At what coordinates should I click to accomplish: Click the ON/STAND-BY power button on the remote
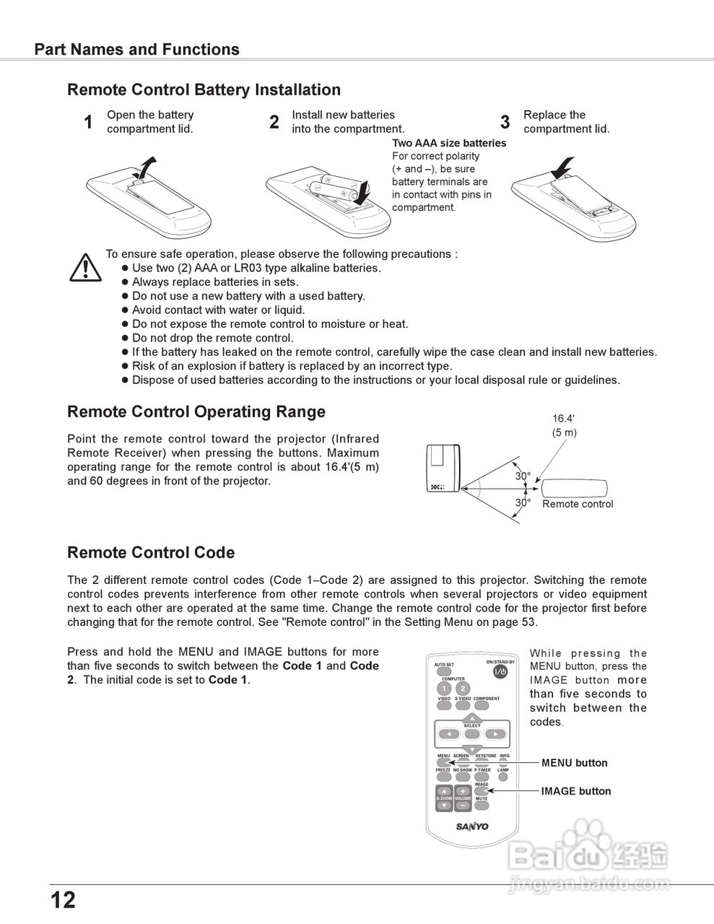click(x=500, y=672)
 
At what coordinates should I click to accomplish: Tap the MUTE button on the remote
click(x=482, y=806)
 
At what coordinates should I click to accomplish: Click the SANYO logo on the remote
click(x=471, y=827)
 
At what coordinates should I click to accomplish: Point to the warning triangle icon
click(x=85, y=267)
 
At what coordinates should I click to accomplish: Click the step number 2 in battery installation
click(x=274, y=123)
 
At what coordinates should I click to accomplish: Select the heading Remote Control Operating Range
click(x=196, y=412)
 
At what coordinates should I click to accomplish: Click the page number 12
click(x=63, y=900)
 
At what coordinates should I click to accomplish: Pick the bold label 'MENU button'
click(x=574, y=763)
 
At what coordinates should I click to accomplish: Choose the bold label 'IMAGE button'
click(x=575, y=791)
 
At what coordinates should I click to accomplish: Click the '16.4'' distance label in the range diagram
click(x=563, y=419)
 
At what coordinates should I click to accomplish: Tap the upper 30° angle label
click(x=523, y=476)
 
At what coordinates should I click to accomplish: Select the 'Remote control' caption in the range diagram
click(x=578, y=504)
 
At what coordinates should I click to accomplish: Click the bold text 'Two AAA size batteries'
click(x=449, y=143)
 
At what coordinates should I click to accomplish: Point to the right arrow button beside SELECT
click(x=495, y=734)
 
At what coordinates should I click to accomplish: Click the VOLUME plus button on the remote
click(x=463, y=791)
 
